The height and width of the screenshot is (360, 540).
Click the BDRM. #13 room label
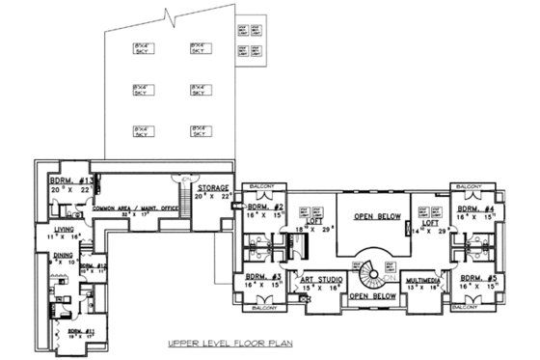point(71,181)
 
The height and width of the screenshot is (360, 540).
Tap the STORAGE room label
point(213,187)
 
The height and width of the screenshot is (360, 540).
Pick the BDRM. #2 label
point(262,208)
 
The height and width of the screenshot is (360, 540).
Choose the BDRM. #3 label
point(262,276)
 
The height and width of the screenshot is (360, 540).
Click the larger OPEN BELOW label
point(375,217)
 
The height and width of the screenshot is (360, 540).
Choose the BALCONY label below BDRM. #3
point(262,308)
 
